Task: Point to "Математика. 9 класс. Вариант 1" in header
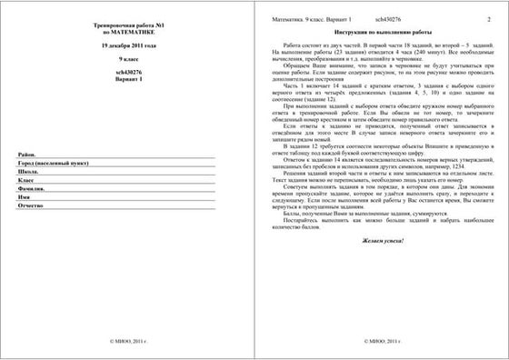tap(317, 18)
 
